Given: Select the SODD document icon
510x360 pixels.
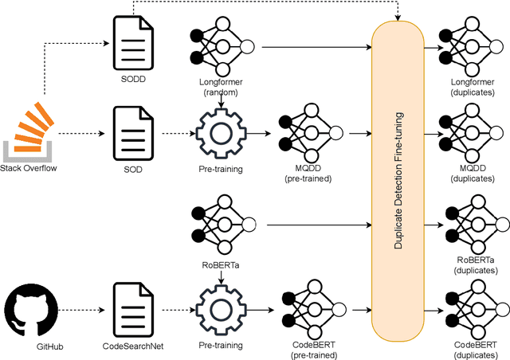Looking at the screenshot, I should click(x=129, y=47).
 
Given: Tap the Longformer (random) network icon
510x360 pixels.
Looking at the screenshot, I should click(x=218, y=47).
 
